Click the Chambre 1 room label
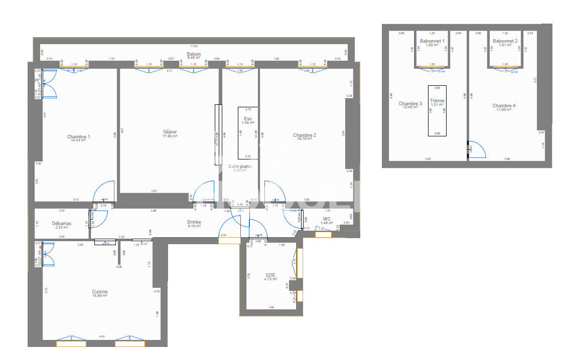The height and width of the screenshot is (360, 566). (79, 137)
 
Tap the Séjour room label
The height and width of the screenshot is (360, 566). (170, 132)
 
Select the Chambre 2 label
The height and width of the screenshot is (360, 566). (305, 135)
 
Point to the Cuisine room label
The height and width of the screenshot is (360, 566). (99, 292)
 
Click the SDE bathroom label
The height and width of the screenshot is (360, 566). (270, 275)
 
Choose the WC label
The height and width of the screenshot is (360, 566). (327, 219)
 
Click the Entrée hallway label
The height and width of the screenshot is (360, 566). (194, 222)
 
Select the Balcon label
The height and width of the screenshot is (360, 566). (194, 54)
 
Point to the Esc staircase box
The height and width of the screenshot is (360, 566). (248, 120)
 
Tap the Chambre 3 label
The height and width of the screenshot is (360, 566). (410, 104)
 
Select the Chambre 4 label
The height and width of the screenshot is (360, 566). (504, 106)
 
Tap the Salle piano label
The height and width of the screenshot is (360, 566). (240, 166)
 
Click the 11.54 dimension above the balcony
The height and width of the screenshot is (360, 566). (194, 46)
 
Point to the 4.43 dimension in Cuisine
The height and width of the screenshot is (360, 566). (102, 336)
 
